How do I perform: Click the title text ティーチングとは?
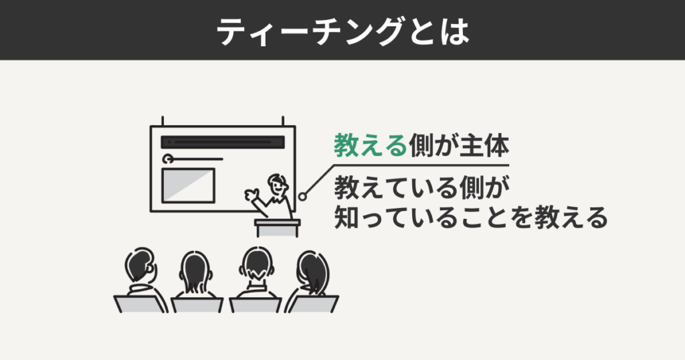[342, 30]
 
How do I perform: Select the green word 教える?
[370, 145]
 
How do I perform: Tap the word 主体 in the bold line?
[485, 145]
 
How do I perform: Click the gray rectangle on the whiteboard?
[189, 186]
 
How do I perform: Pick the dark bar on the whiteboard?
[223, 143]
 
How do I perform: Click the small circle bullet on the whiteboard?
[168, 159]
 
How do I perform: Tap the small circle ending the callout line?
[302, 197]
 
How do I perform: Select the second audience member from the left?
[195, 274]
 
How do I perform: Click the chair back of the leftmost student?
[140, 304]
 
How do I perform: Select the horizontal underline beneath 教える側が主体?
[421, 165]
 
